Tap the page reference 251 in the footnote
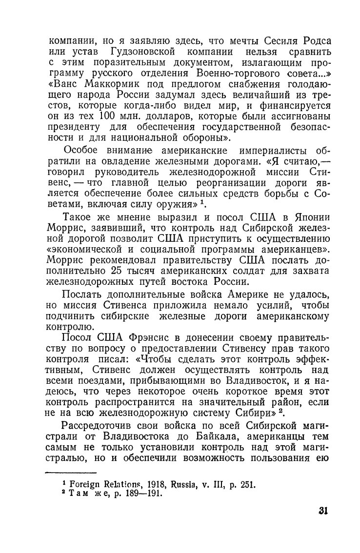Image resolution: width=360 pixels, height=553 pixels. [247, 485]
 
